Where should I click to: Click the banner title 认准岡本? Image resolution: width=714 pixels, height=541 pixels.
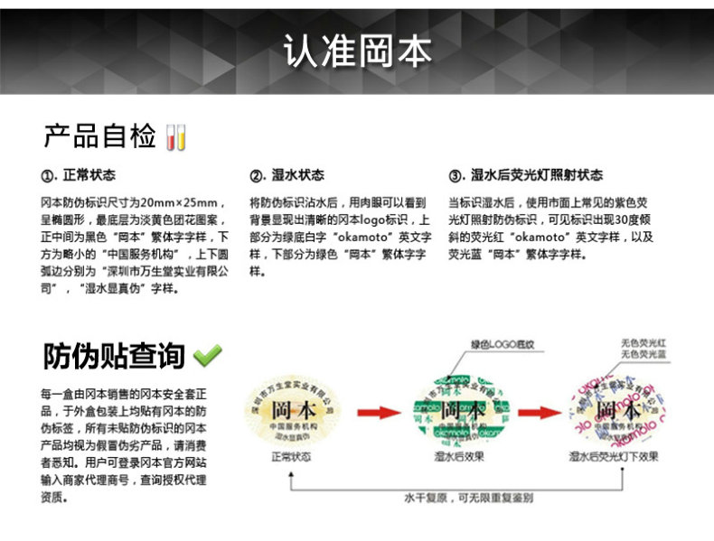point(357,51)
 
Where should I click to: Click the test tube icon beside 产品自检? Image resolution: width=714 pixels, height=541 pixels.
point(176,137)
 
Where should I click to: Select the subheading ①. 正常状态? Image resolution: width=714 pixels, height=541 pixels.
point(79,175)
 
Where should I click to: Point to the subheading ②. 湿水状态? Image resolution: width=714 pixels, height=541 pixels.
point(287,175)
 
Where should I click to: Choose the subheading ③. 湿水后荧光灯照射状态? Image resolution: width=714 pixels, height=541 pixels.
point(525,175)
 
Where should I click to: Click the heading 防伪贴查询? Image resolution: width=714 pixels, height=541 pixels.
point(114,356)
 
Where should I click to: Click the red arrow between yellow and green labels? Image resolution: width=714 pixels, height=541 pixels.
point(376,414)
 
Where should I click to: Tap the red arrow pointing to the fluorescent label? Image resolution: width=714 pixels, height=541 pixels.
point(541,414)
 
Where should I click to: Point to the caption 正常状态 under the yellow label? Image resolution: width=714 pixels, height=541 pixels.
point(291,457)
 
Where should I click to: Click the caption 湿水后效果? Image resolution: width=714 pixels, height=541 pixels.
point(459,457)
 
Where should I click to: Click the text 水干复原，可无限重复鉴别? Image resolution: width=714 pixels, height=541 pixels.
point(468,496)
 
